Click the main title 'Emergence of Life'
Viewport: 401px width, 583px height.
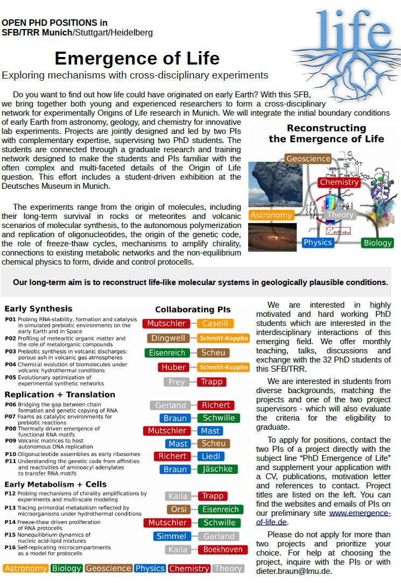(x=137, y=58)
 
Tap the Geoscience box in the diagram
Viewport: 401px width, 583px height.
(x=308, y=159)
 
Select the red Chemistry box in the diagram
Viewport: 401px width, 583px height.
(x=339, y=182)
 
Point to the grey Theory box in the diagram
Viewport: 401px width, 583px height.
(x=340, y=215)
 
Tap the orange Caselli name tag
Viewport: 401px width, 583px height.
(x=215, y=323)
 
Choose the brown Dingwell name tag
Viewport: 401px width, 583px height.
(x=168, y=338)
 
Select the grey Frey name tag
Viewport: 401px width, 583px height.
(x=177, y=382)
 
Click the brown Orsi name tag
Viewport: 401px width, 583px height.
(x=177, y=509)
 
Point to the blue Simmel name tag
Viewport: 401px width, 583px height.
(x=172, y=536)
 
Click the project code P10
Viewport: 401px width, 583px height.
(x=10, y=454)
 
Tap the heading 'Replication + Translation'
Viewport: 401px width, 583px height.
(x=60, y=394)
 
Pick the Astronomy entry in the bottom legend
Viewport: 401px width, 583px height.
(x=25, y=568)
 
